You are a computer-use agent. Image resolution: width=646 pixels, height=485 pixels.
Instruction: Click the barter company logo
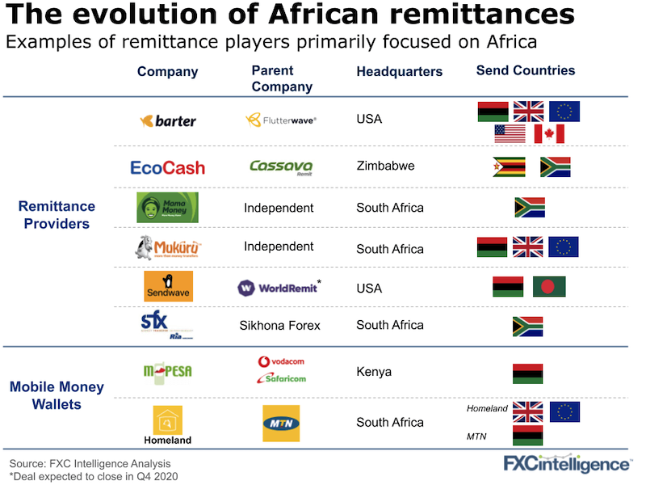coord(168,121)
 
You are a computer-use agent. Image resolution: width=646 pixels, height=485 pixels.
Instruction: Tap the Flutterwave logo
coord(281,120)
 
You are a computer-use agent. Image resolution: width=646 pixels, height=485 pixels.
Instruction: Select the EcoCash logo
coord(168,167)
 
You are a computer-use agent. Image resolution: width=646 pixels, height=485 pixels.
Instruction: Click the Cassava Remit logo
coord(281,167)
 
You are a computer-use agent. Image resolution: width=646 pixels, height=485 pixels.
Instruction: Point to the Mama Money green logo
coord(167,207)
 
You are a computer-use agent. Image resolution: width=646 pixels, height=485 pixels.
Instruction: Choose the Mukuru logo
coord(166,247)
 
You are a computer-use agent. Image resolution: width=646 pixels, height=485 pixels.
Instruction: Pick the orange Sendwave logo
coord(168,286)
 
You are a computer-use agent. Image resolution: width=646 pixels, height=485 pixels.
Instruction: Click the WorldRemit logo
coord(280,288)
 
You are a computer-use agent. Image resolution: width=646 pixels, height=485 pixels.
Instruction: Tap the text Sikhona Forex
coord(279,325)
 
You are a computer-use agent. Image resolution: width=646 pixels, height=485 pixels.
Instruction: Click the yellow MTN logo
coord(280,423)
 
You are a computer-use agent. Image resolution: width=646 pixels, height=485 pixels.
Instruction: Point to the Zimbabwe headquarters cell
coord(385,166)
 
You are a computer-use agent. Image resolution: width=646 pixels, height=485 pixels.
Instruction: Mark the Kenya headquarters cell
coord(374,372)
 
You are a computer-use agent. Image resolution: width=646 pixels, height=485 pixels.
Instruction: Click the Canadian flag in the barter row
coord(549,133)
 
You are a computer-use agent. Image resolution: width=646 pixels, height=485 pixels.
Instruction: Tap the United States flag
coord(510,133)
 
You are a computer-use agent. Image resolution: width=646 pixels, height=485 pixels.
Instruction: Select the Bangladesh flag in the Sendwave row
coord(549,286)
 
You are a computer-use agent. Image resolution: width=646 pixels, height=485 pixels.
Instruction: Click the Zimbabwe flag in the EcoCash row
coord(509,167)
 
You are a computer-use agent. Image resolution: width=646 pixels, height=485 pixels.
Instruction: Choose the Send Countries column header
coord(526,70)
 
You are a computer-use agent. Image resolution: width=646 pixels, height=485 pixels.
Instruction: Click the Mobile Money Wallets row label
coord(57,395)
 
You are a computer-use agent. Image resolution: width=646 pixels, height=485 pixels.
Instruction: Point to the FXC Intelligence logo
coord(567,464)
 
